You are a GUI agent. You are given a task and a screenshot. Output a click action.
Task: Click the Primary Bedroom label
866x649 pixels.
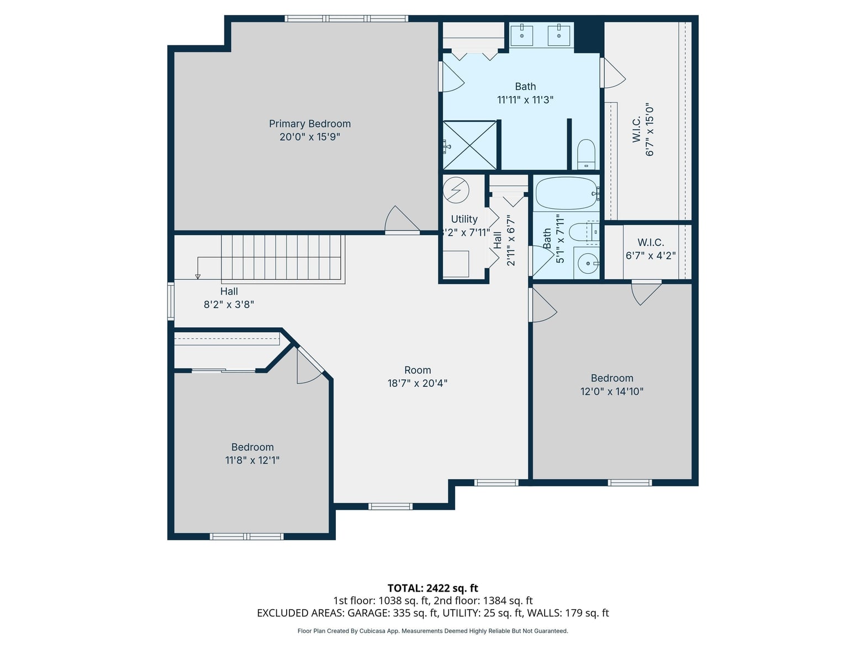coord(310,124)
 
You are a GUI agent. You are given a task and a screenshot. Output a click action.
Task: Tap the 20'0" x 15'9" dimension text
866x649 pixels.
coord(310,137)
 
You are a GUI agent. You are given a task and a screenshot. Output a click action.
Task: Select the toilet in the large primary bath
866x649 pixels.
coord(586,154)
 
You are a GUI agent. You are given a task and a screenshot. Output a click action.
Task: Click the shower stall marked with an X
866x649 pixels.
coord(469,145)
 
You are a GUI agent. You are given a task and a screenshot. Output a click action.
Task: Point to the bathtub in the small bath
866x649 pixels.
coord(566,193)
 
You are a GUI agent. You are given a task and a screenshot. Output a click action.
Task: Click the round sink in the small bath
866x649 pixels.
coord(588,263)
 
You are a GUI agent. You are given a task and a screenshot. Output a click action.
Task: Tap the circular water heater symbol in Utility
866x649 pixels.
coord(456,190)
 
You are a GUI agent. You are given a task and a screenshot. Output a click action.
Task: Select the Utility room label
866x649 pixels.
coord(464,219)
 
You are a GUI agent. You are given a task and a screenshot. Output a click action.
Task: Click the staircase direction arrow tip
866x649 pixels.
coord(198,277)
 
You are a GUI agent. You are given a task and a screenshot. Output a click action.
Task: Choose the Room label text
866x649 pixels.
coord(418,370)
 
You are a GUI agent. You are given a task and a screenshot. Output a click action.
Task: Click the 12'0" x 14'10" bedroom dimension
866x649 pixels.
coord(611,391)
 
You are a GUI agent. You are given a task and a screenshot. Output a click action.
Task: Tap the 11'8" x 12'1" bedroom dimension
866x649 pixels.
coord(252,460)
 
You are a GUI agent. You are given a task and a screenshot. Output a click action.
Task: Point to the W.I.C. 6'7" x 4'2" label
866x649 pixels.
coord(651,249)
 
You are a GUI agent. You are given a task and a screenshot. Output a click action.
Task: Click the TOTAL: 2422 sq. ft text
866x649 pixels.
coord(432,588)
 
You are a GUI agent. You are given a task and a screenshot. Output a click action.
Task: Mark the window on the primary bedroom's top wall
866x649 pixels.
coord(346,19)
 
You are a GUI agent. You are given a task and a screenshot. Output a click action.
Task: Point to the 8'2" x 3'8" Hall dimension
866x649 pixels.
coord(229,305)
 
